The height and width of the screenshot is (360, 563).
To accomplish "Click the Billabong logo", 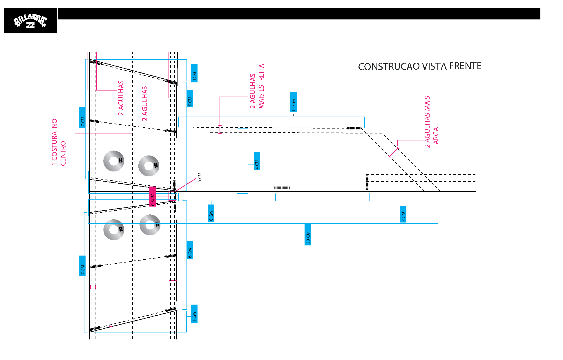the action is (30, 21).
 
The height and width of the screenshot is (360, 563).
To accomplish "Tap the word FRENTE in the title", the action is (465, 66).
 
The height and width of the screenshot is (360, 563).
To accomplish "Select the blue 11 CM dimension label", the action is (293, 102).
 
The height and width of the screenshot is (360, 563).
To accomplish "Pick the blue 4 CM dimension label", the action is (257, 161).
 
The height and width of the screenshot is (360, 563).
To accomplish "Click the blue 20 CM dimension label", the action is (308, 234).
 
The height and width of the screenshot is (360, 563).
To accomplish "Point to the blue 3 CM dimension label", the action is (403, 214).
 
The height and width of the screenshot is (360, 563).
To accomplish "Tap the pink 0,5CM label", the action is (153, 196).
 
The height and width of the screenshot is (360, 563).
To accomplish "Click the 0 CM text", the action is (200, 178).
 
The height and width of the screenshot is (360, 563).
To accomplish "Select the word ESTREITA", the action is (261, 78).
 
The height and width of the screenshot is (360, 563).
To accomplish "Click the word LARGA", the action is (436, 138).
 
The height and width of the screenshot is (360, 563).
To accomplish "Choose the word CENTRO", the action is (63, 153).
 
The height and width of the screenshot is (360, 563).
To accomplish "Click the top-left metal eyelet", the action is (114, 161).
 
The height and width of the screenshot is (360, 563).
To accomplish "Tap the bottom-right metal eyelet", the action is (150, 225).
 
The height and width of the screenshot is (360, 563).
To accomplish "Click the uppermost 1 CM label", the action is (194, 73).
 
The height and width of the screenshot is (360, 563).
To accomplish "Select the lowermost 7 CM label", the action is (82, 266).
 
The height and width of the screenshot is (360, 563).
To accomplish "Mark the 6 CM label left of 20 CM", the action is (211, 213).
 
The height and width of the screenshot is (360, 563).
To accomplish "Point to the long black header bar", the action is (299, 14).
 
